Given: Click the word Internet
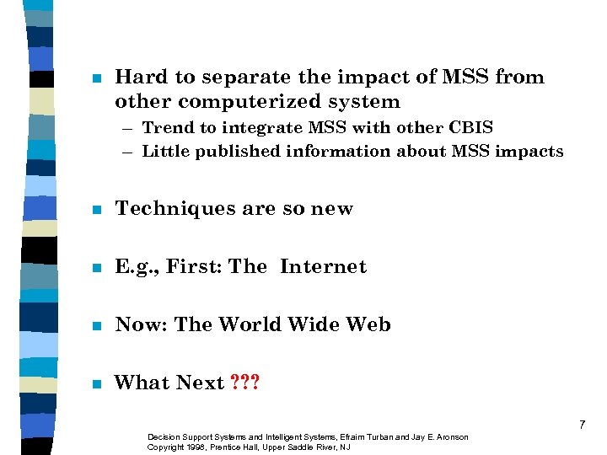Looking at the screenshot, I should click(324, 267).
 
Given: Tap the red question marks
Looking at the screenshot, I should click(245, 383).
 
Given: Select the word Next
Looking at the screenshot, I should click(200, 383).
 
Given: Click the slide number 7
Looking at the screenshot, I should click(582, 426).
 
